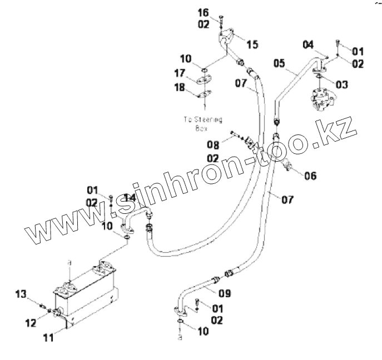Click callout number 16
204,12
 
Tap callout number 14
129,198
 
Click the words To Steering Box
202,123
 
